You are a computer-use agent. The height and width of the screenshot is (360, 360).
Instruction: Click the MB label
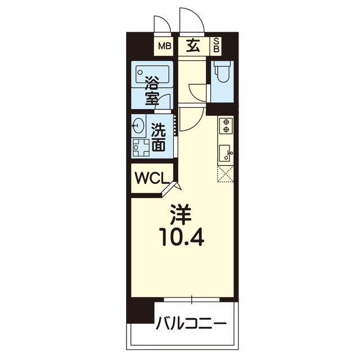click(x=165, y=47)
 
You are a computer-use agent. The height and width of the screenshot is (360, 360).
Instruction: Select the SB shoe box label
click(x=216, y=46)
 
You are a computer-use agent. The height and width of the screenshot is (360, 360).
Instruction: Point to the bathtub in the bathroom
click(x=152, y=74)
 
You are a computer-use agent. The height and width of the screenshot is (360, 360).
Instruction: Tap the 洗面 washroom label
click(x=159, y=137)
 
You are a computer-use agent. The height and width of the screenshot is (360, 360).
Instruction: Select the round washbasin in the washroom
click(x=138, y=125)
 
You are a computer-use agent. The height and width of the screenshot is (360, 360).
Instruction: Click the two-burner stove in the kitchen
click(x=226, y=125)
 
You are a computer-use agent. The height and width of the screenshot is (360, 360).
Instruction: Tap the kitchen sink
click(x=225, y=153)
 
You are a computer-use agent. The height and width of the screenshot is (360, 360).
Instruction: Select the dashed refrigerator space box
click(x=225, y=174)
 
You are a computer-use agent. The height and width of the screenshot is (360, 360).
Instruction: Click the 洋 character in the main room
click(x=181, y=215)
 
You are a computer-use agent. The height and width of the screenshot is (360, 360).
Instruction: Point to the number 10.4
click(x=183, y=238)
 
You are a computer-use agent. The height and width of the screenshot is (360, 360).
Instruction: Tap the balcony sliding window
click(x=192, y=299)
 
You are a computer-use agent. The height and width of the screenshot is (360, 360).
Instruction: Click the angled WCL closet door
click(x=168, y=188)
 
